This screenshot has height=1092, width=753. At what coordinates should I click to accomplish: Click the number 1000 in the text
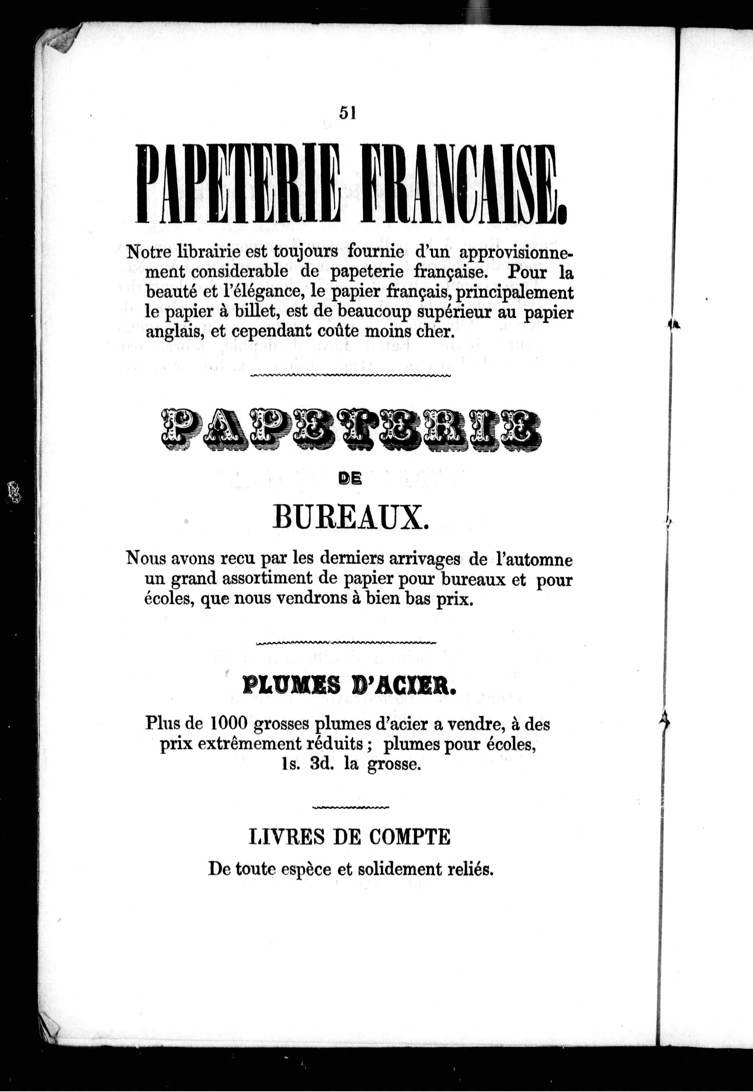coord(228,723)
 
